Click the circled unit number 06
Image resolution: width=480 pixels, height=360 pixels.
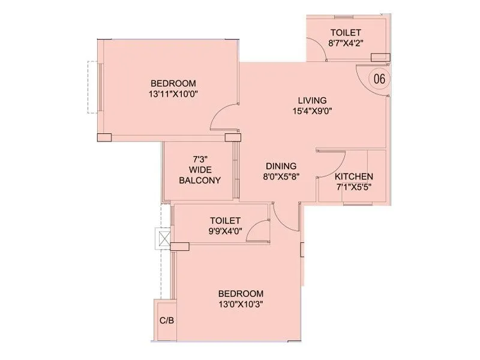point(379,79)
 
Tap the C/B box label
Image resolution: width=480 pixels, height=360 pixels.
point(166,320)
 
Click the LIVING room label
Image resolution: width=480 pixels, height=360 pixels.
point(312,100)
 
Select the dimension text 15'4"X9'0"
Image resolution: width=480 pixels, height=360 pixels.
point(312,110)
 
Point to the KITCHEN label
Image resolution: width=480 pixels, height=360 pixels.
point(354,176)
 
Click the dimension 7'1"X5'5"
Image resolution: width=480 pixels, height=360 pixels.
point(354,187)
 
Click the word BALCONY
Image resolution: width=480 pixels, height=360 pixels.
point(200,180)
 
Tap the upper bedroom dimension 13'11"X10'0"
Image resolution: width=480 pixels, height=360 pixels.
point(173,94)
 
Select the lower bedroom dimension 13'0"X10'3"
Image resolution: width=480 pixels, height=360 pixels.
point(241,304)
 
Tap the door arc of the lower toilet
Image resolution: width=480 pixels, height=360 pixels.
point(258,230)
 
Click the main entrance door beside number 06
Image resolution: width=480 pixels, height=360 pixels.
point(364,76)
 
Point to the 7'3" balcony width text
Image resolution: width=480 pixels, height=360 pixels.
point(200,160)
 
